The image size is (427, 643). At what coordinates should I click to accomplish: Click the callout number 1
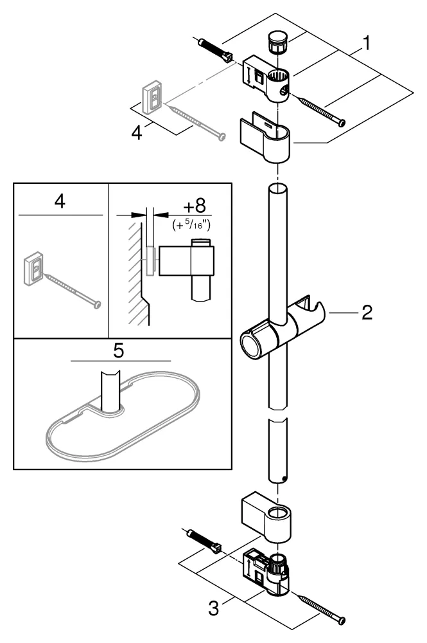tap(365, 44)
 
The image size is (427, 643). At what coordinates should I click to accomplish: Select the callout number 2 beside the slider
tap(367, 313)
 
